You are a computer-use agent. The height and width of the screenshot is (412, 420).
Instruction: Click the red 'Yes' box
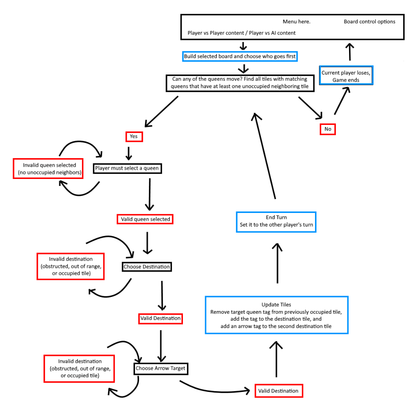pyautogui.click(x=134, y=136)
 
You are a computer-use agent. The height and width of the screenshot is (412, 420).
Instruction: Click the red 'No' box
pyautogui.click(x=328, y=129)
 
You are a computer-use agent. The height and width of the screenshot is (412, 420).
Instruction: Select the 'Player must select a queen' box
pyautogui.click(x=127, y=168)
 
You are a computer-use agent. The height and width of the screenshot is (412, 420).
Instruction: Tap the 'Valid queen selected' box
pyautogui.click(x=145, y=219)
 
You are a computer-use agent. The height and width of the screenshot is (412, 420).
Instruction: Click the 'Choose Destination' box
pyautogui.click(x=147, y=267)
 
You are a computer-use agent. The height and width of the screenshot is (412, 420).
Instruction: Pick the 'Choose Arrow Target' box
pyautogui.click(x=160, y=368)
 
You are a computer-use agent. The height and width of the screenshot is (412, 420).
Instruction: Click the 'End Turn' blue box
pyautogui.click(x=276, y=222)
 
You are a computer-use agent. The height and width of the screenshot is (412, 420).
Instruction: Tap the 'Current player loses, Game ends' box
pyautogui.click(x=346, y=76)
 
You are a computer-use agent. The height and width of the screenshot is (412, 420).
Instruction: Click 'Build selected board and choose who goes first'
pyautogui.click(x=240, y=56)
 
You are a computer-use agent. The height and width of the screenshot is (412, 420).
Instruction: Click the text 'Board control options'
pyautogui.click(x=369, y=22)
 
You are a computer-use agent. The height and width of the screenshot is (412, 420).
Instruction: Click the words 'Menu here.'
pyautogui.click(x=297, y=22)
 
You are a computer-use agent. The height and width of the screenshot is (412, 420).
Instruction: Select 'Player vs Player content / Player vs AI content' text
pyautogui.click(x=241, y=33)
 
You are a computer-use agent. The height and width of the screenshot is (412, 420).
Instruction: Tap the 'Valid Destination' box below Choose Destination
pyautogui.click(x=160, y=318)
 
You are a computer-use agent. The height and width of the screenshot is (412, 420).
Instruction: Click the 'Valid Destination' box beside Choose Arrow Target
pyautogui.click(x=278, y=391)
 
